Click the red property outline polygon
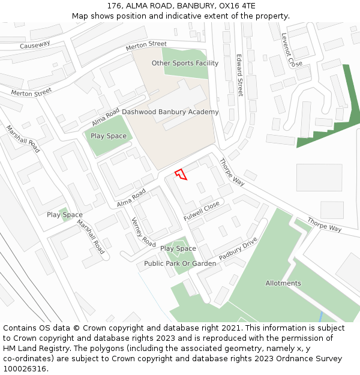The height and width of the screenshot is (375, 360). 181,175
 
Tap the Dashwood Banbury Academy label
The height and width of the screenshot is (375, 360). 170,112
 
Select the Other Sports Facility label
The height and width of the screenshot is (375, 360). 185,63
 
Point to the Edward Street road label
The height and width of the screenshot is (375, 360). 239,75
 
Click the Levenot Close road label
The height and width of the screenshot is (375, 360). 292,50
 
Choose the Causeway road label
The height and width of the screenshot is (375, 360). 35,45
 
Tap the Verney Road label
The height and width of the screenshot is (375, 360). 143,232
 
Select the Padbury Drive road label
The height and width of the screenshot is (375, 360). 238,248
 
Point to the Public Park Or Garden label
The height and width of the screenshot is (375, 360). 180,263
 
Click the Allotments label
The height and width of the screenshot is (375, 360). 283,283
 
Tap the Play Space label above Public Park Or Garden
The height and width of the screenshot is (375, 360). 178,248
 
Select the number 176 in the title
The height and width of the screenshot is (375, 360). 115,6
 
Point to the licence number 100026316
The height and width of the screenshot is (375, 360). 25,369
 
